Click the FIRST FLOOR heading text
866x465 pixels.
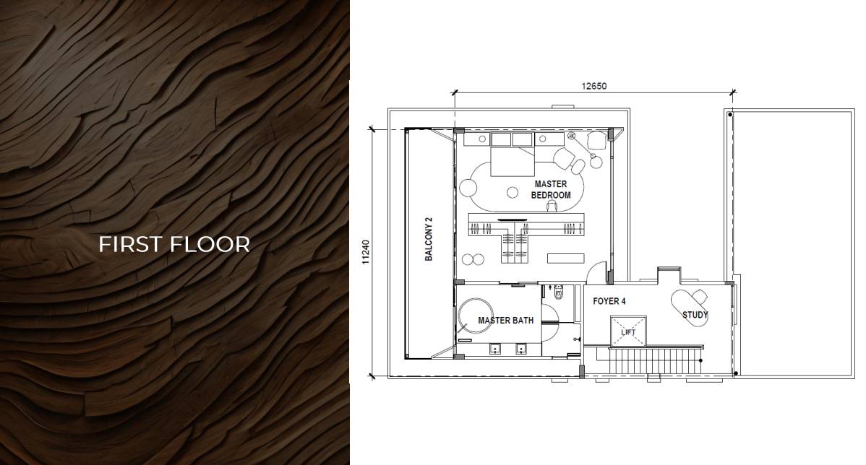[x=174, y=244]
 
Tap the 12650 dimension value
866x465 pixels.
[x=594, y=86]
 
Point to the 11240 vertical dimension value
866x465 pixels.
[x=366, y=251]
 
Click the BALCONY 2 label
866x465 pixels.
[x=429, y=239]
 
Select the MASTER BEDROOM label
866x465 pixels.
[x=551, y=189]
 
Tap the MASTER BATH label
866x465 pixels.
[x=506, y=320]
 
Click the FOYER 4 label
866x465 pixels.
[x=609, y=301]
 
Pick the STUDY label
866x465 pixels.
[x=695, y=315]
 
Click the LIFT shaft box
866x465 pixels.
[x=628, y=331]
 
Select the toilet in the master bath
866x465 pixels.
[x=558, y=292]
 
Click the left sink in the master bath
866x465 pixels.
[x=495, y=348]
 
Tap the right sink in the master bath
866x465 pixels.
[x=520, y=348]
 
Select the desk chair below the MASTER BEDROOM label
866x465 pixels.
[x=552, y=207]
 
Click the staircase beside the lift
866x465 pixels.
[x=655, y=361]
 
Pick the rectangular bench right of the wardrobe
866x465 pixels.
[x=565, y=258]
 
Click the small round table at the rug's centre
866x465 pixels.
[x=513, y=192]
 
